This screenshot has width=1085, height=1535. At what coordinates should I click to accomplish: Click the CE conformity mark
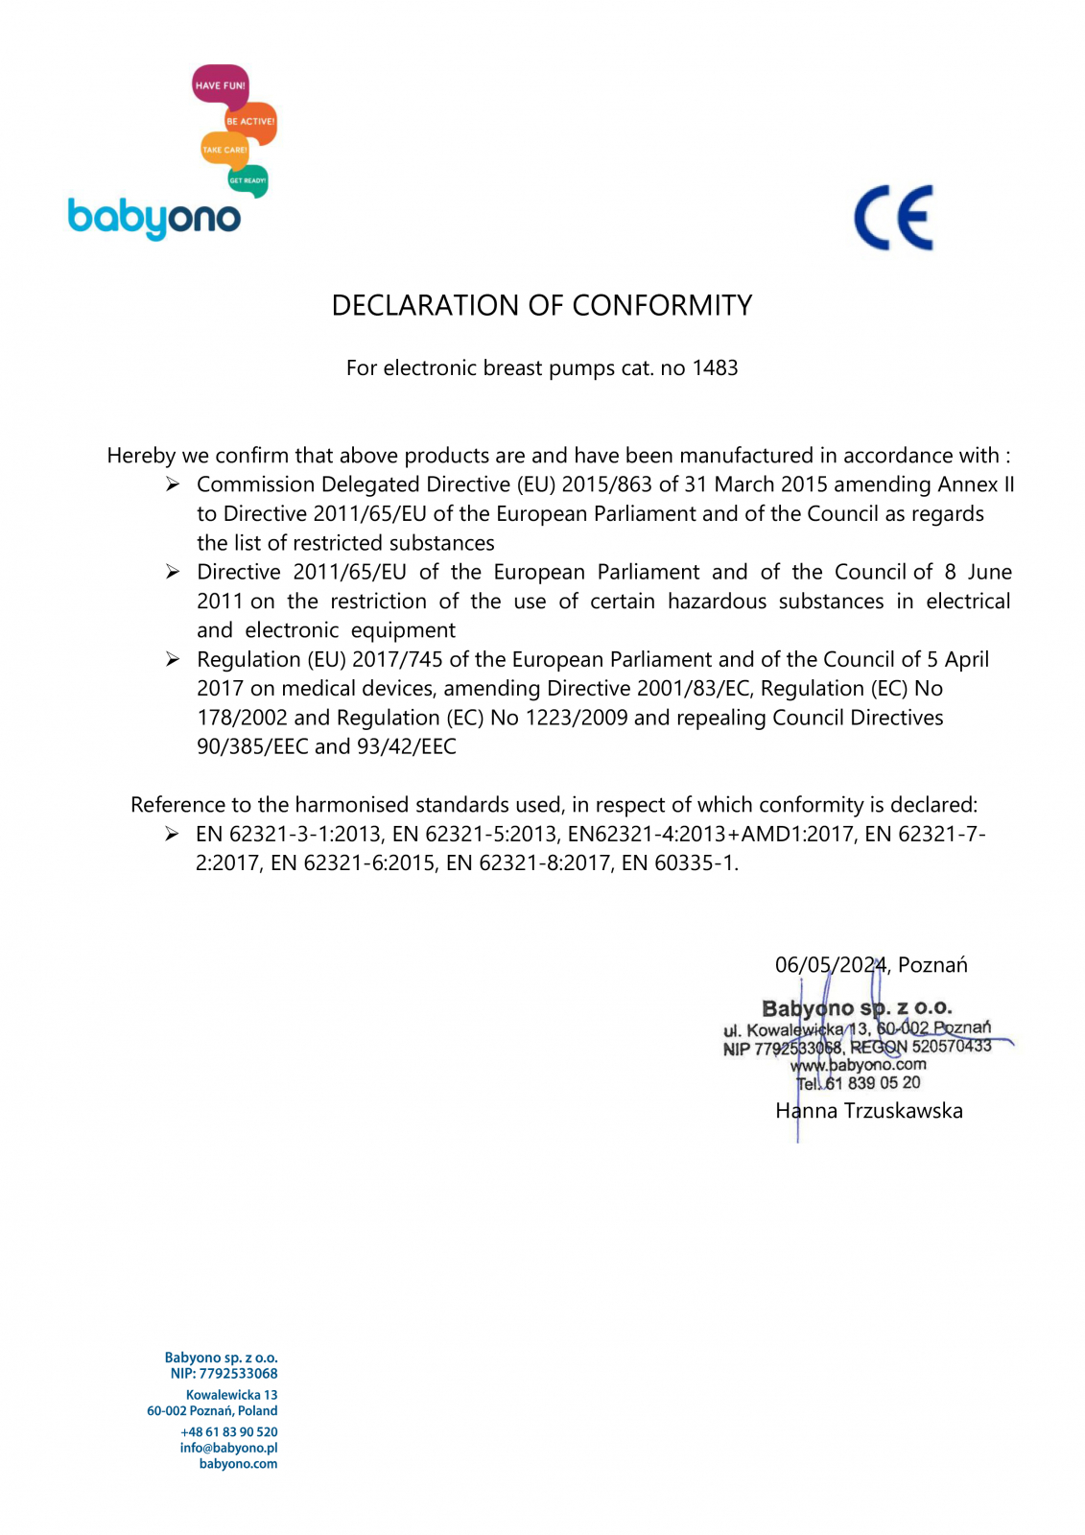pyautogui.click(x=893, y=218)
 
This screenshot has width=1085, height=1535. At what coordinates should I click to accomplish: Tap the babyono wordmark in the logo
pyautogui.click(x=153, y=218)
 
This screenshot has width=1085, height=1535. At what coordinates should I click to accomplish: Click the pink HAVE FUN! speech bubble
pyautogui.click(x=220, y=84)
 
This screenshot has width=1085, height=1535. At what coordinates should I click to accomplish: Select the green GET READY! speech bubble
pyautogui.click(x=248, y=180)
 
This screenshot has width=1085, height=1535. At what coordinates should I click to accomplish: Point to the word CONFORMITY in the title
pyautogui.click(x=662, y=305)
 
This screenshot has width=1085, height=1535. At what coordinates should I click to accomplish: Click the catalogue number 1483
pyautogui.click(x=715, y=368)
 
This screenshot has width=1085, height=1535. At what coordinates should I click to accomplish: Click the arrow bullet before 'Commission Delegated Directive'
pyautogui.click(x=173, y=484)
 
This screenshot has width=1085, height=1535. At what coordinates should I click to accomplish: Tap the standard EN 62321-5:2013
pyautogui.click(x=474, y=834)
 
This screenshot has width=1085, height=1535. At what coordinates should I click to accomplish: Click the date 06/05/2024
pyautogui.click(x=831, y=965)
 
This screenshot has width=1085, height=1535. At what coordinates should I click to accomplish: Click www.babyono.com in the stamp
pyautogui.click(x=859, y=1065)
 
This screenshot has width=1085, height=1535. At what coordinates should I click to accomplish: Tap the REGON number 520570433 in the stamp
pyautogui.click(x=951, y=1046)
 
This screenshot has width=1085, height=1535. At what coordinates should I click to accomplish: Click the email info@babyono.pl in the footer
pyautogui.click(x=228, y=1448)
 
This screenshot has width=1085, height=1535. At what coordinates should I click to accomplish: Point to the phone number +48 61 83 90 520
pyautogui.click(x=228, y=1431)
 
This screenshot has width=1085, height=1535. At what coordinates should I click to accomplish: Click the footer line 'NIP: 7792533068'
pyautogui.click(x=224, y=1374)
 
